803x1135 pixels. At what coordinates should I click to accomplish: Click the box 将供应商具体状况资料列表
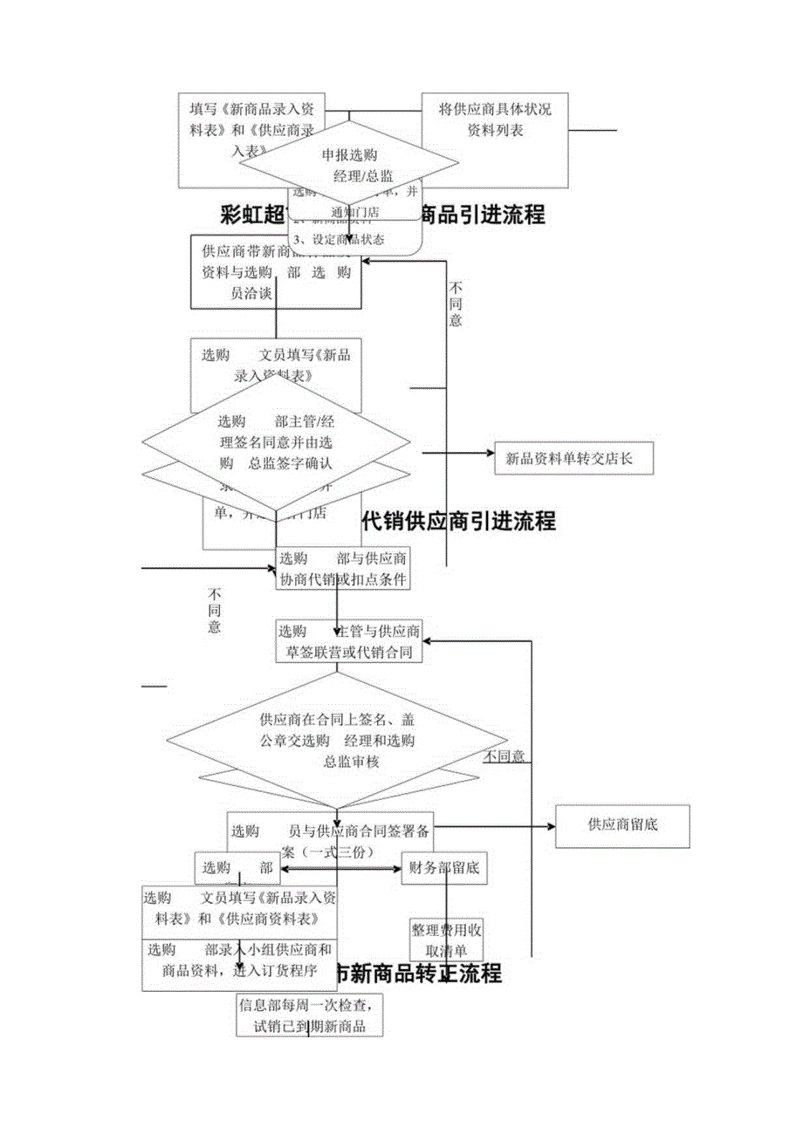point(494,121)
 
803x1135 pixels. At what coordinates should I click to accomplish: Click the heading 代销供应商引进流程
point(458,522)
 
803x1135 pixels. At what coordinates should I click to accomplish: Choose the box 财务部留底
point(443,868)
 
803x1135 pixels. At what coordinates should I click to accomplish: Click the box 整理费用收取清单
point(446,940)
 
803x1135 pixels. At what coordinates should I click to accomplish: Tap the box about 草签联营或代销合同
point(348,641)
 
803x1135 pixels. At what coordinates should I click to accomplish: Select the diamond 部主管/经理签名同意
point(276,441)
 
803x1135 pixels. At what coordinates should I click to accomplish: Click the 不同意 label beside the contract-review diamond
point(505,756)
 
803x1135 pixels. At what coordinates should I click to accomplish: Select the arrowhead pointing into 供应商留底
point(551,824)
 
